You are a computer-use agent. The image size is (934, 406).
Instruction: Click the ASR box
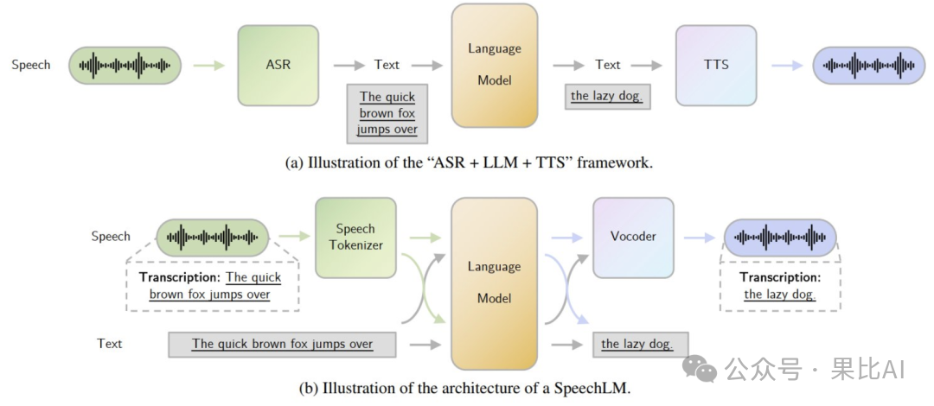coord(278,65)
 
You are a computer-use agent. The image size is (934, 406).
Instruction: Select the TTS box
coord(716,65)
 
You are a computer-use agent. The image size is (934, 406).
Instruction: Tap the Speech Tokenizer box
coord(355,238)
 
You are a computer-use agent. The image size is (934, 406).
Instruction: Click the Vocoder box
coord(633,238)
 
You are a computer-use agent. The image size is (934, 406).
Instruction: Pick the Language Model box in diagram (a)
coord(495,66)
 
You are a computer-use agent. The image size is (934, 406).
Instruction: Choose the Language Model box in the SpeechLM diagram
coord(495,283)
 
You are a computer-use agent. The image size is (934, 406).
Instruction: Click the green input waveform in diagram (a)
coord(125,65)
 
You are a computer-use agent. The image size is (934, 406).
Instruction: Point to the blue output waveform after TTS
coord(869,65)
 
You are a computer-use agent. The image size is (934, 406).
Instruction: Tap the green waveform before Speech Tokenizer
coord(213,238)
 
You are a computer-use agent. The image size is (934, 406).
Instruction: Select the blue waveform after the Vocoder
coord(780,238)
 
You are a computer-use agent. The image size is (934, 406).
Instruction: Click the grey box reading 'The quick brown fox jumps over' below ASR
coord(387,114)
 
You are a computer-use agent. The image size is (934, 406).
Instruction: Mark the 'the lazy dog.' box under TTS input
coord(608,97)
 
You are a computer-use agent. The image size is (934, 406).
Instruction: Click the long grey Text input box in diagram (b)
coord(282,344)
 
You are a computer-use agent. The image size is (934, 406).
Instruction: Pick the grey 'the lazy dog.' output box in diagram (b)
coord(640,344)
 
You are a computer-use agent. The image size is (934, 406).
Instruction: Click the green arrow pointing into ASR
coord(209,65)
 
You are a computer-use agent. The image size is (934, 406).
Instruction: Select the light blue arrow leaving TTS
coord(788,65)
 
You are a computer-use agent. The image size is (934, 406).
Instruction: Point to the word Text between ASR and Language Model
coord(387,65)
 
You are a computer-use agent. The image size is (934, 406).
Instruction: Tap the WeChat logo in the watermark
coord(700,369)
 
